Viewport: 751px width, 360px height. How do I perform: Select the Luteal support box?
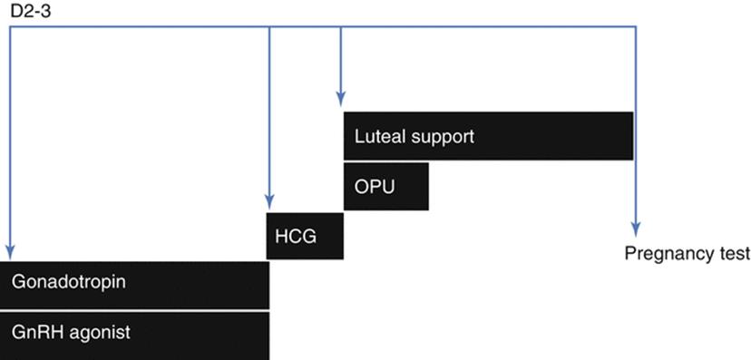pos(487,137)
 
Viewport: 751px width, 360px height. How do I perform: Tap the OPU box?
pos(385,187)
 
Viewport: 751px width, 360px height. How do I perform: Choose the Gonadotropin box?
pos(134,284)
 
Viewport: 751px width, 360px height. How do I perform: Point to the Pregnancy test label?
pos(687,253)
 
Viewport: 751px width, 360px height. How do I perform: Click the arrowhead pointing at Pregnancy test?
pos(635,229)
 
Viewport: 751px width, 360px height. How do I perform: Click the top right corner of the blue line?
pos(635,26)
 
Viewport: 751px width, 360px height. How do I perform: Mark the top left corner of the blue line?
pos(10,26)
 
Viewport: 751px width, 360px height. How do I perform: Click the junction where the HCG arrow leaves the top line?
pos(269,26)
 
